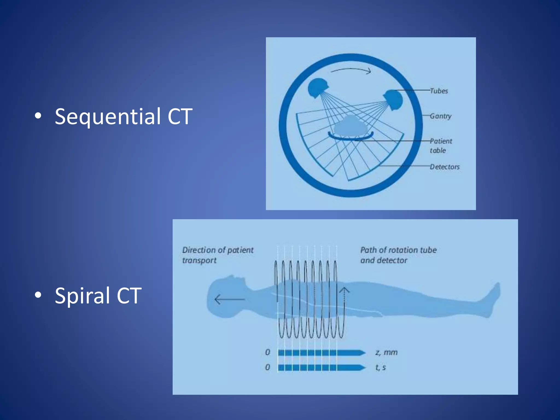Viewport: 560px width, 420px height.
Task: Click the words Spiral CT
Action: click(x=98, y=296)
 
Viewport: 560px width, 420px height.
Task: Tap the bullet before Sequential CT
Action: click(x=38, y=116)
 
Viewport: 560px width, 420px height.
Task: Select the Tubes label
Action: click(x=439, y=91)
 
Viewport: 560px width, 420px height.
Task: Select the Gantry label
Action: click(x=441, y=116)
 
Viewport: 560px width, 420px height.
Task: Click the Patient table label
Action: click(x=441, y=146)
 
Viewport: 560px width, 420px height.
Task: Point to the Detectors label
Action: click(x=445, y=167)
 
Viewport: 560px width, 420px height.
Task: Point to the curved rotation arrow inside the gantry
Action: click(x=351, y=70)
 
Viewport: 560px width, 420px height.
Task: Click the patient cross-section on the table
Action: click(x=351, y=126)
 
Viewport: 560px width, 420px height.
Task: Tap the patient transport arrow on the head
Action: click(x=229, y=299)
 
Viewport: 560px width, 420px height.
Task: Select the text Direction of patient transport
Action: click(x=218, y=255)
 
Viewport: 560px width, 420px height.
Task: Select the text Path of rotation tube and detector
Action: click(x=398, y=255)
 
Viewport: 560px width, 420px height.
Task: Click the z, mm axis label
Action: click(x=386, y=352)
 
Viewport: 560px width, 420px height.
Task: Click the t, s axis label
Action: click(x=381, y=367)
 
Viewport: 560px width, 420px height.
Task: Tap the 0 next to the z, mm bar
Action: click(x=268, y=352)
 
